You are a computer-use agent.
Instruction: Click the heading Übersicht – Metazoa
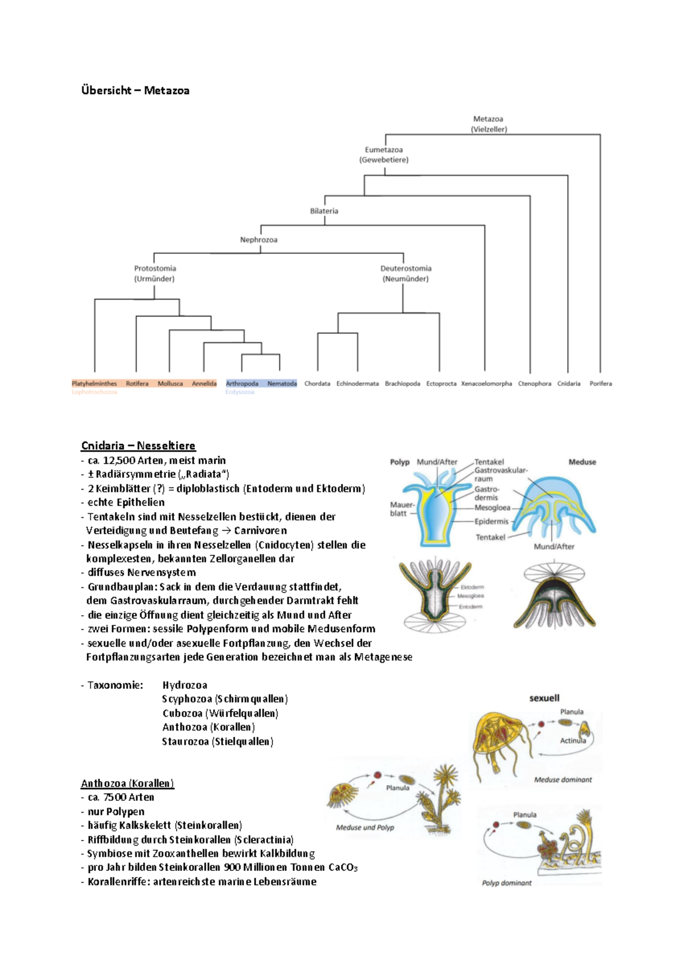135,90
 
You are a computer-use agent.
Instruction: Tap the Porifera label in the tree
600,383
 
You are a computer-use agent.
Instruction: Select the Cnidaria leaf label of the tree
568,383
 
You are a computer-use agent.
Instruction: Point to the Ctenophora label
534,383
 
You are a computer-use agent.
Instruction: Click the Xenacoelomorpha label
486,383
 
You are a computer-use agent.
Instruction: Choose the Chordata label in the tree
317,383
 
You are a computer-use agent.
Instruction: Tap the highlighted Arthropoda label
242,383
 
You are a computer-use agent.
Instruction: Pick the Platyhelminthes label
95,383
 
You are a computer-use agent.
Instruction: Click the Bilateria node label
324,211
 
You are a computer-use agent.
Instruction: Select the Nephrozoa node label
259,240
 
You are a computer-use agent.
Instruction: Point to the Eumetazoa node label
384,150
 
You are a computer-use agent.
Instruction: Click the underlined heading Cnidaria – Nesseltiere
138,446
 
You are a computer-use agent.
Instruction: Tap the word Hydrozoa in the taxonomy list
185,685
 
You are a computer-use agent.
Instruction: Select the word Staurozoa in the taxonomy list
185,741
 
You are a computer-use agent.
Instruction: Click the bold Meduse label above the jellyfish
582,462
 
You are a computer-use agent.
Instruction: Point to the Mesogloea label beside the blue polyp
492,507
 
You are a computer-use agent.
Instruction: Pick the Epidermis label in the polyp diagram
491,521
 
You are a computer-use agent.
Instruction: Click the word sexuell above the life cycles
544,698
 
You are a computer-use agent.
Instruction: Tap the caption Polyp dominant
507,883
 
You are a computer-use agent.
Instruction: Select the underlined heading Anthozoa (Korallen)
127,783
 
